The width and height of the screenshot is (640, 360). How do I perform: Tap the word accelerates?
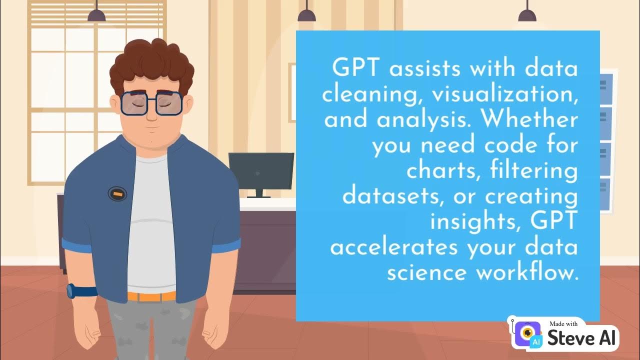394,247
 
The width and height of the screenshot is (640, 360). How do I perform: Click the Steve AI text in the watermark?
582,338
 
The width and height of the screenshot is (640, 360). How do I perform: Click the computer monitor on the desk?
261,172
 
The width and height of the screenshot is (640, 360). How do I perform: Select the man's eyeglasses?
151,103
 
